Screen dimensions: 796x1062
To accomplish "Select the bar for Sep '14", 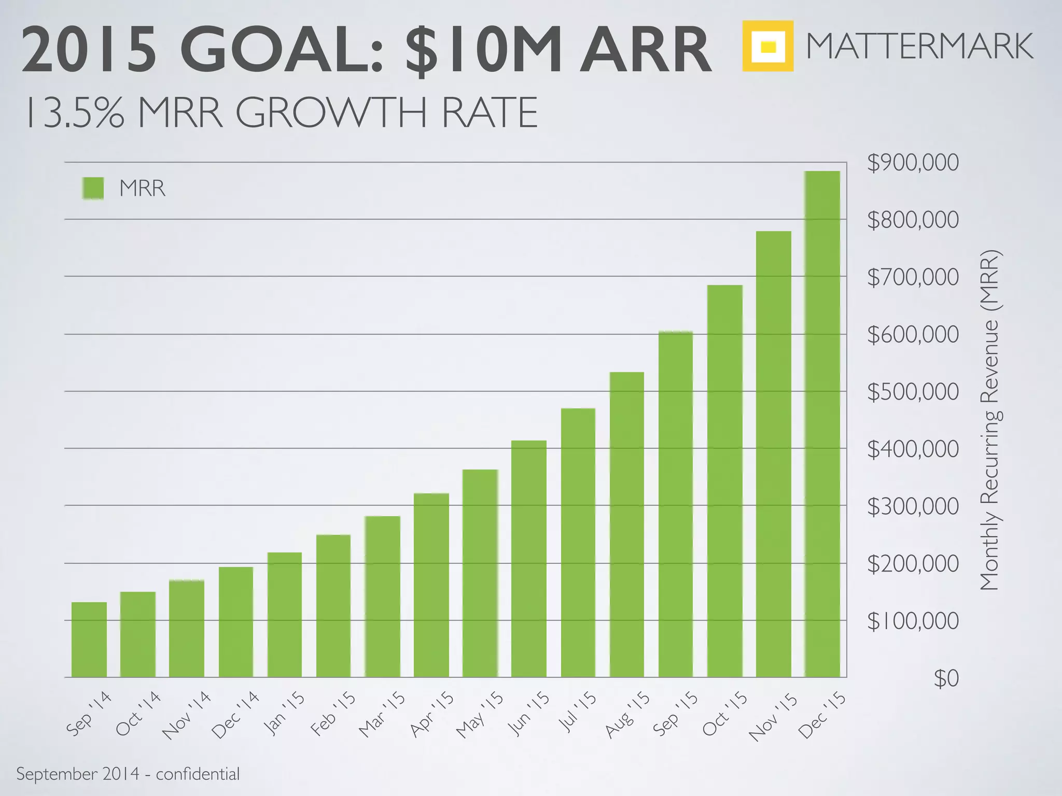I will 89,639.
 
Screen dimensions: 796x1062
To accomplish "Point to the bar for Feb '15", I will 333,606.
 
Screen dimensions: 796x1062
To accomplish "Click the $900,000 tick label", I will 913,163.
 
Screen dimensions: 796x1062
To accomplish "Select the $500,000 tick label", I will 913,392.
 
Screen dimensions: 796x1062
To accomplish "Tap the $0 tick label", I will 946,678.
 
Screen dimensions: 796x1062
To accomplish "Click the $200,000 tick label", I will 913,564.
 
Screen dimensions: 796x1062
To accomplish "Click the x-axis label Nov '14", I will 186,715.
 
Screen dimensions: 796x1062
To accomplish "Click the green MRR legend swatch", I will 93,188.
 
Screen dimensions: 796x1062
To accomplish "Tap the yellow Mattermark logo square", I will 767,46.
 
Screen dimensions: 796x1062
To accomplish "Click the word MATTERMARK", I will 919,46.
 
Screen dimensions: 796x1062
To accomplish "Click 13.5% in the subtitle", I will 75,112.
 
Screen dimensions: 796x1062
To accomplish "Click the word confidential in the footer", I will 198,774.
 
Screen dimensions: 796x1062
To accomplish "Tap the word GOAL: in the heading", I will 282,50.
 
